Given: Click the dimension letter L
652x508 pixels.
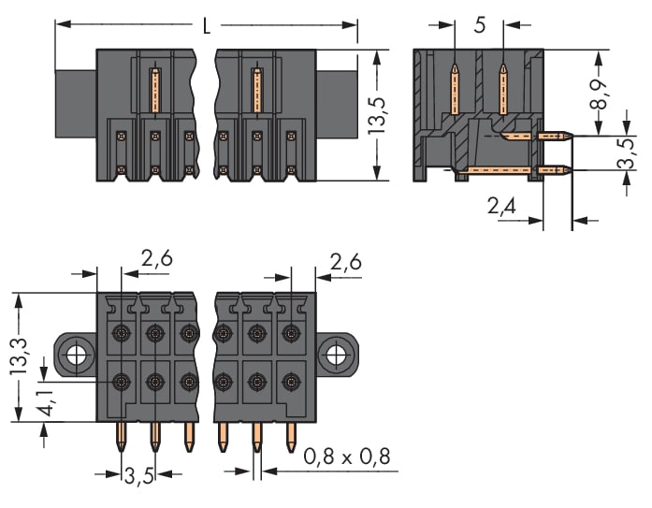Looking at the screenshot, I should click(x=208, y=25).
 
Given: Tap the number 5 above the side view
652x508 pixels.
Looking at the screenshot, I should click(x=480, y=25).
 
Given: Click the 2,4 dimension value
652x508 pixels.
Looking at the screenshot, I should click(x=503, y=205).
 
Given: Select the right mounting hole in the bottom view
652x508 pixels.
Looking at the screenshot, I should click(x=334, y=355).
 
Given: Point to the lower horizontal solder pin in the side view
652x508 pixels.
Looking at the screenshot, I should click(x=524, y=170).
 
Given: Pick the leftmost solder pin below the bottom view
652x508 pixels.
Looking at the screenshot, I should click(x=122, y=435).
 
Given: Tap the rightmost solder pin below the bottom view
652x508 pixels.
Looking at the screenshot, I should click(x=290, y=433).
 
